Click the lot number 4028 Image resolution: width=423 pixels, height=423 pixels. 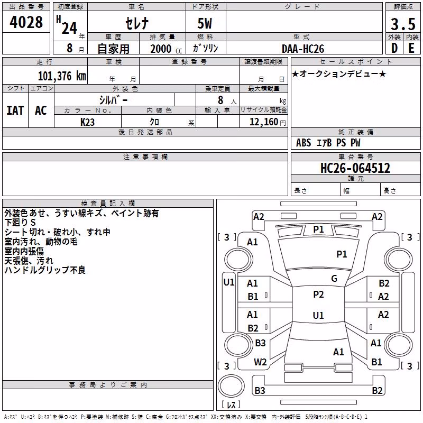point(26,22)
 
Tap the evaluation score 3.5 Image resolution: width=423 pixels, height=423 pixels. point(403,24)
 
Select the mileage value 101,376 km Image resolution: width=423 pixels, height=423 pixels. point(62,76)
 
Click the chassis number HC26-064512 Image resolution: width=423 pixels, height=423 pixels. point(355,168)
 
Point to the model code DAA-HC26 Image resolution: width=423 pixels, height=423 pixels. point(302,49)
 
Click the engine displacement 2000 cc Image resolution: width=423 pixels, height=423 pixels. point(166,49)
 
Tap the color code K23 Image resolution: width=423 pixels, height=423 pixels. point(87,122)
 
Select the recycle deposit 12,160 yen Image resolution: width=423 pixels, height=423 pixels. point(268,122)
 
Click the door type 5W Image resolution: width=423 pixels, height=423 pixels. point(205,23)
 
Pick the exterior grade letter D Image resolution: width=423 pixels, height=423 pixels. point(394,48)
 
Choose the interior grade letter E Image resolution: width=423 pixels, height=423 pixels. point(411,48)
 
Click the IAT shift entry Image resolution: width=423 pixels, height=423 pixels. point(15,111)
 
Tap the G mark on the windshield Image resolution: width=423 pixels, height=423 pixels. point(334,279)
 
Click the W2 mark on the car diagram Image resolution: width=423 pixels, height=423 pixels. point(260,362)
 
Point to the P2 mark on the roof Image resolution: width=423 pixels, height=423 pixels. point(318,295)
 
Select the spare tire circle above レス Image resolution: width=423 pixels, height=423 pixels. point(231,386)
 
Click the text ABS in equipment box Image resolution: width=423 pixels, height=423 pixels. point(304,143)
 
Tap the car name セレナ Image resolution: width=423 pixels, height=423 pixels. point(137,23)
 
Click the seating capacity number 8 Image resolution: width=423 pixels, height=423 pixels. point(220,100)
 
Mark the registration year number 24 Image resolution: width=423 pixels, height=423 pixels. point(69,28)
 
